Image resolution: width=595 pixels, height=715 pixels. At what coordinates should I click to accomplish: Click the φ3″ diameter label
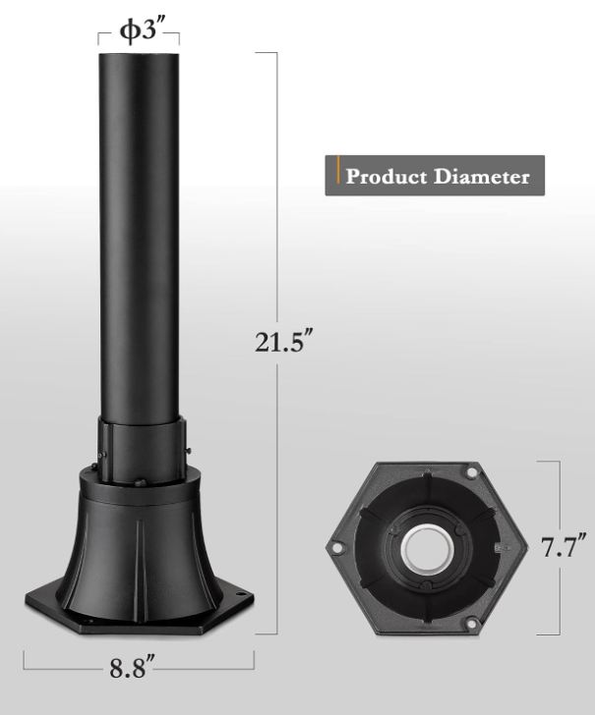point(139,30)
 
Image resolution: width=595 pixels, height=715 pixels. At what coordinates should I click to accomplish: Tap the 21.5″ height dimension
point(284,343)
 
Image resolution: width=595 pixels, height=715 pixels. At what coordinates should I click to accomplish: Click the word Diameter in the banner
point(483,177)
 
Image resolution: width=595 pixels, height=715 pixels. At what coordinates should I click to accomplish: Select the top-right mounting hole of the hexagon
point(473,473)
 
